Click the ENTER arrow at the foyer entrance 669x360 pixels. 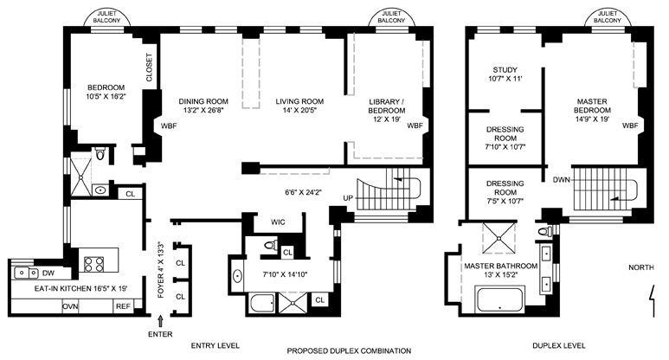pyautogui.click(x=160, y=321)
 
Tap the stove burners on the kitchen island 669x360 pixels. pyautogui.click(x=93, y=264)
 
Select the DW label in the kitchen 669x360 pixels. pyautogui.click(x=48, y=273)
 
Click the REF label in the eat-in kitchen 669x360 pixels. pyautogui.click(x=123, y=306)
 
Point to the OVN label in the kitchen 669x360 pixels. pyautogui.click(x=70, y=306)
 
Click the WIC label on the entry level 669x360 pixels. pyautogui.click(x=278, y=222)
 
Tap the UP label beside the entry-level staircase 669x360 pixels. pyautogui.click(x=348, y=198)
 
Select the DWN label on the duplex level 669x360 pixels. pyautogui.click(x=562, y=180)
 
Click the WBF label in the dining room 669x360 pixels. pyautogui.click(x=169, y=125)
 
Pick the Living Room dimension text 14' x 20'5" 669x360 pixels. pyautogui.click(x=299, y=111)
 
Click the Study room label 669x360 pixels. pyautogui.click(x=505, y=69)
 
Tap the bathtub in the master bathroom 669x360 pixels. pyautogui.click(x=500, y=299)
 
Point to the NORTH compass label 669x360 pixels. pyautogui.click(x=640, y=267)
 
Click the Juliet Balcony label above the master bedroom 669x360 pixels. pyautogui.click(x=608, y=17)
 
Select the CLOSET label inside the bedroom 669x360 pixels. pyautogui.click(x=150, y=67)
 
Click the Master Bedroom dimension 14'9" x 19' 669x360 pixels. pyautogui.click(x=592, y=119)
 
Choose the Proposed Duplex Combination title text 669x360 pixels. pyautogui.click(x=349, y=351)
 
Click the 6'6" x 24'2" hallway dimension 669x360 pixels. pyautogui.click(x=303, y=192)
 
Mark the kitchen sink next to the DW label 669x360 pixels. pyautogui.click(x=27, y=272)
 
